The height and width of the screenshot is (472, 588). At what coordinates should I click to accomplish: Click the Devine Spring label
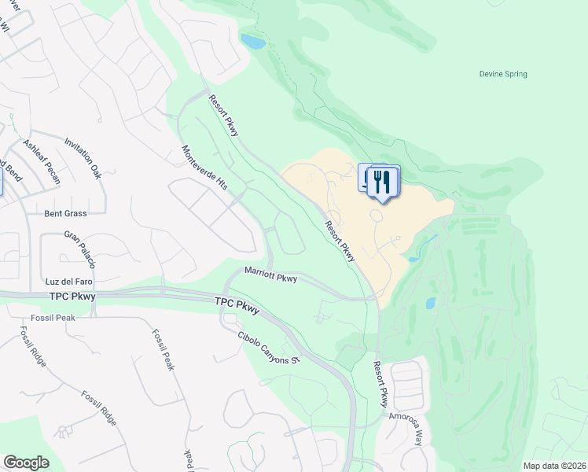coord(503,75)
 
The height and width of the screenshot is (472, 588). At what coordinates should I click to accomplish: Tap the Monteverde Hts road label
coord(204,168)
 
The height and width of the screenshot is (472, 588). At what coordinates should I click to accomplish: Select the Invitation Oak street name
coord(83,159)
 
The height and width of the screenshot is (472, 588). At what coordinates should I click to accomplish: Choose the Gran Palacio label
coord(79,248)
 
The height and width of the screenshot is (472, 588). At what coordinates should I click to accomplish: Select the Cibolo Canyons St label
coord(270,347)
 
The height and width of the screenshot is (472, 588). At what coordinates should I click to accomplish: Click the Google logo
coord(25,463)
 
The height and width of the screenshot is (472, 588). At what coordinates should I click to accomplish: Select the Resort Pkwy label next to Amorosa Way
coord(380,384)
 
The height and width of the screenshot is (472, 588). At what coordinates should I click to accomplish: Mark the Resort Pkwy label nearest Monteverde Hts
coord(223,115)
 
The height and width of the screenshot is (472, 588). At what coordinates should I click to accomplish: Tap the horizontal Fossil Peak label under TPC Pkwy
coord(53,317)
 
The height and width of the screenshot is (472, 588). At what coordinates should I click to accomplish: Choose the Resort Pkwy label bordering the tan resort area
coord(340,241)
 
